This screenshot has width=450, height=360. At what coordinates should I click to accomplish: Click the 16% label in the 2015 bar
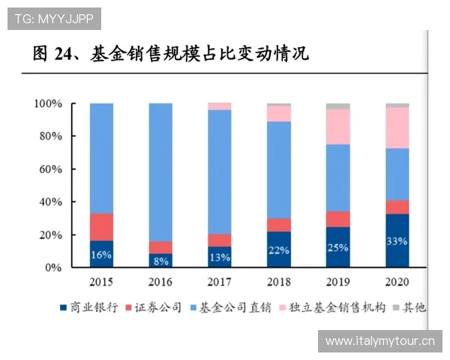pyautogui.click(x=101, y=255)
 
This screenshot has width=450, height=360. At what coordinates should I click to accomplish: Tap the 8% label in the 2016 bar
pyautogui.click(x=160, y=261)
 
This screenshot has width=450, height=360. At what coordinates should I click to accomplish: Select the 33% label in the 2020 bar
pyautogui.click(x=397, y=241)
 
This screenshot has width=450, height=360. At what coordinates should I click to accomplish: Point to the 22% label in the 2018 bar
pyautogui.click(x=278, y=250)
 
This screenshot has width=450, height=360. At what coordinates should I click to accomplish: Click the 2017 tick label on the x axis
pyautogui.click(x=219, y=282)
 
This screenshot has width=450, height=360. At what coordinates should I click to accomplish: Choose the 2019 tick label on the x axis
pyautogui.click(x=337, y=282)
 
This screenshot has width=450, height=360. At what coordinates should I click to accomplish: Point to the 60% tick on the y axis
pyautogui.click(x=49, y=169)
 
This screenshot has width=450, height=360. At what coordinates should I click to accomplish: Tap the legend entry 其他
pyautogui.click(x=409, y=307)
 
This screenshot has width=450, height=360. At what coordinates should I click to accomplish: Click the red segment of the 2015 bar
pyautogui.click(x=101, y=227)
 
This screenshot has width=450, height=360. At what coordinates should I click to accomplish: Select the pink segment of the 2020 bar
pyautogui.click(x=397, y=127)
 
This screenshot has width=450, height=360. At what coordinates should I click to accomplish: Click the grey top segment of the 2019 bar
pyautogui.click(x=337, y=106)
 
